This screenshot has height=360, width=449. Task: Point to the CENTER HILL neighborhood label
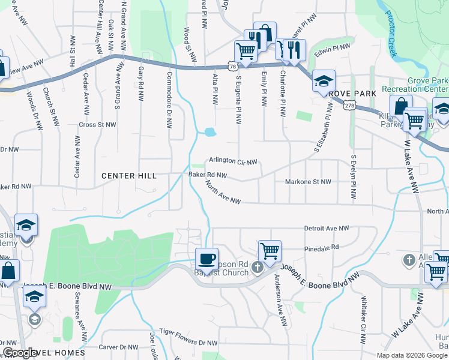point(128,176)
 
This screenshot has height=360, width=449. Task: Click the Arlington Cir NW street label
point(233,161)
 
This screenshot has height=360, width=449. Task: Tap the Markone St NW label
point(308,181)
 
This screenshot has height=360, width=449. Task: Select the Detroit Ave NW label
point(327,229)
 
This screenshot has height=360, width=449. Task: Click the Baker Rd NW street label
point(208,175)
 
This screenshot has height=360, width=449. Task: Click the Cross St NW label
point(97,125)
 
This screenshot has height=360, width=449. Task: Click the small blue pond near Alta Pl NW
point(209,132)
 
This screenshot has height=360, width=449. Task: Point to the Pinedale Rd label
point(322,247)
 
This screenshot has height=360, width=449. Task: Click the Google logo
point(20,353)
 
